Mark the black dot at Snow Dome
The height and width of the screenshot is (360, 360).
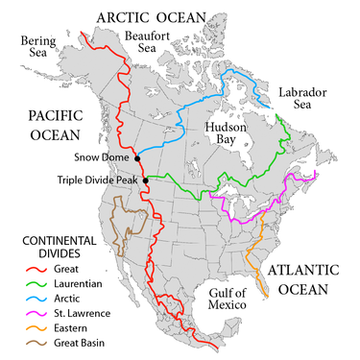click(x=137, y=157)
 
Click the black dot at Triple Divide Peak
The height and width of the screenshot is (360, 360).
click(x=146, y=180)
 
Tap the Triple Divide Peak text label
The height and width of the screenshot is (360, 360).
click(x=97, y=180)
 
